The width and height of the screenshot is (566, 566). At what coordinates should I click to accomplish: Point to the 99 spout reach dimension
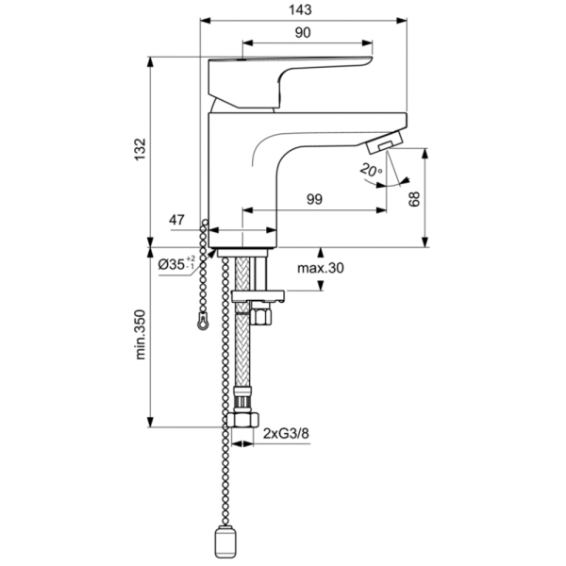[314, 199]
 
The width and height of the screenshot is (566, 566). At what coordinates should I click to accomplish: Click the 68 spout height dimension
[413, 198]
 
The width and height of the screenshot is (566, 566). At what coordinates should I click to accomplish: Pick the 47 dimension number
[176, 221]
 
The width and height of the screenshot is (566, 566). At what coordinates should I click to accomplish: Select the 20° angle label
[369, 170]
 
